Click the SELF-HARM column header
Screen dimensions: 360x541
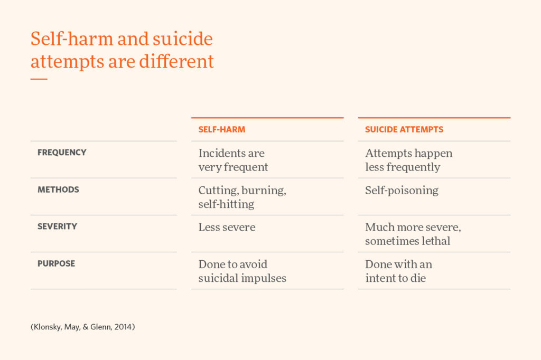click(222, 129)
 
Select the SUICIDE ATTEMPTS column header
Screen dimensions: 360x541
click(404, 129)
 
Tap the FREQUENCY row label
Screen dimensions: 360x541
click(62, 153)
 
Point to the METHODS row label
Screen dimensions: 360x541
click(58, 190)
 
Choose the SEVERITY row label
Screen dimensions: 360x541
click(57, 226)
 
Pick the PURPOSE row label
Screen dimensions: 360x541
click(56, 263)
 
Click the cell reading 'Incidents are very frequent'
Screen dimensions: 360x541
click(233, 160)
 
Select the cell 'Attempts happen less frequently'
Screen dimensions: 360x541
click(408, 160)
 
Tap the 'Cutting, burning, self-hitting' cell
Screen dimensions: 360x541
click(242, 197)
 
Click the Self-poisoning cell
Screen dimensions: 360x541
click(402, 191)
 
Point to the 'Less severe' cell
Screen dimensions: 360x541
click(227, 228)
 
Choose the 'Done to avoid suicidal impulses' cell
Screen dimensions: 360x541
click(242, 271)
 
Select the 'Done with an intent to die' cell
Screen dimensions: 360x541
click(398, 271)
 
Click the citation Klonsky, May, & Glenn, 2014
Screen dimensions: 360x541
click(83, 327)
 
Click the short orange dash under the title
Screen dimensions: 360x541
click(39, 79)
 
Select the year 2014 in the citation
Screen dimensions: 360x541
click(124, 327)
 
